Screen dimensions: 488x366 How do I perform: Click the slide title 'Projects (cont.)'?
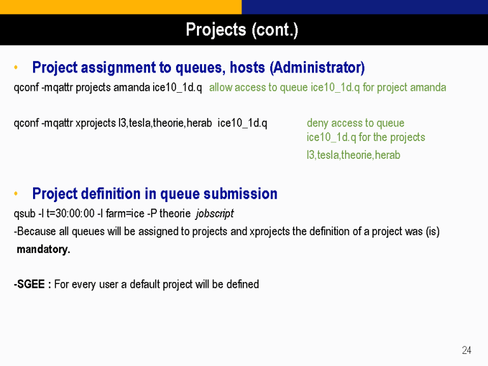click(x=242, y=30)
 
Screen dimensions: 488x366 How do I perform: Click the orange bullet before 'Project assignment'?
click(x=16, y=67)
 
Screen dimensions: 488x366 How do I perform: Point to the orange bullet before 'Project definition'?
click(x=16, y=194)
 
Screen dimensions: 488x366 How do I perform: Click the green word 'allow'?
click(x=220, y=88)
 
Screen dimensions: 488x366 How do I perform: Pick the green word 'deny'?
click(x=318, y=123)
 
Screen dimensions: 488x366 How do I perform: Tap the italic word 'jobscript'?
click(x=215, y=213)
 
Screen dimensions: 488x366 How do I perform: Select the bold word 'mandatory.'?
click(x=43, y=249)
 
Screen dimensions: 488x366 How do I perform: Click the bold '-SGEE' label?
click(x=29, y=284)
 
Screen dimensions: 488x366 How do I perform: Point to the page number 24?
click(x=466, y=350)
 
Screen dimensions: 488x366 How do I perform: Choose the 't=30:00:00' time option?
click(x=71, y=213)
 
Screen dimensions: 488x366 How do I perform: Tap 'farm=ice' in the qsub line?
click(x=125, y=213)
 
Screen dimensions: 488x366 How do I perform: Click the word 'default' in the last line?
click(x=145, y=284)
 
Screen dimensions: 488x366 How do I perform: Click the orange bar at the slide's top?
click(x=121, y=7)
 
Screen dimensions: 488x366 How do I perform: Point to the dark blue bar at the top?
click(x=365, y=7)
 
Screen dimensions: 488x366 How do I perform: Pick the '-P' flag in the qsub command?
click(x=152, y=213)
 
